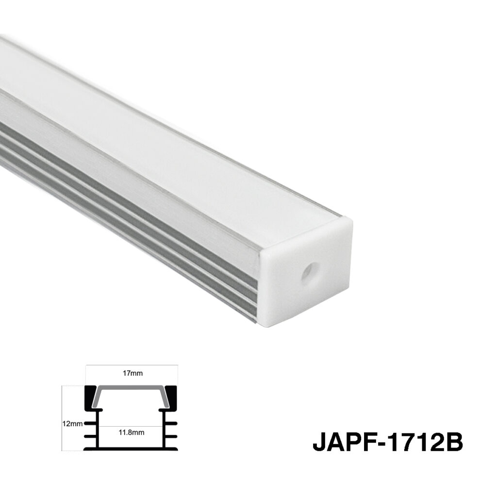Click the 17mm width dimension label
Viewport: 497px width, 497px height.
pos(133,373)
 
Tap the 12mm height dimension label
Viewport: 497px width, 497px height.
pos(73,423)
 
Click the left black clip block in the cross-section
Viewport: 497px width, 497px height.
pos(91,397)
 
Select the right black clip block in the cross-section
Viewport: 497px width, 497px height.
pos(172,397)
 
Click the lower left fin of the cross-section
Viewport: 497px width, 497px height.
pos(90,436)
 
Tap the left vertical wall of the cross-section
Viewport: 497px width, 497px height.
pos(99,430)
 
